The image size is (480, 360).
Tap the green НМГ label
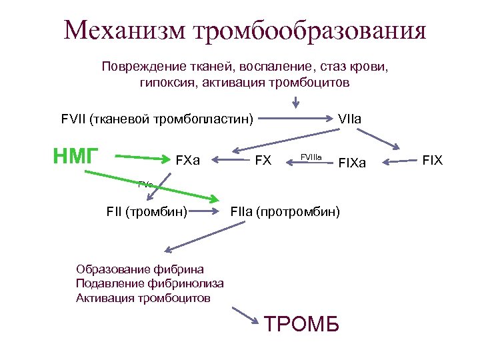[x=76, y=156]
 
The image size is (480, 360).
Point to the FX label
[x=263, y=160]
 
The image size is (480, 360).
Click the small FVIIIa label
[x=311, y=157]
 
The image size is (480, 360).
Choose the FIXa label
[x=353, y=162]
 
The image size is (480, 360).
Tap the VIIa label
[x=349, y=119]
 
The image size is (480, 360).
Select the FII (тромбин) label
[x=146, y=213]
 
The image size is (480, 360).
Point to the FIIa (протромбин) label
[x=285, y=213]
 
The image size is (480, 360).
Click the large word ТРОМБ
[x=302, y=324]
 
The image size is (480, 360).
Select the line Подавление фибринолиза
[x=150, y=283]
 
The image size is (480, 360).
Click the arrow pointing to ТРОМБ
[x=245, y=315]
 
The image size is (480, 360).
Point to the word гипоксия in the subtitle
[x=166, y=83]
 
